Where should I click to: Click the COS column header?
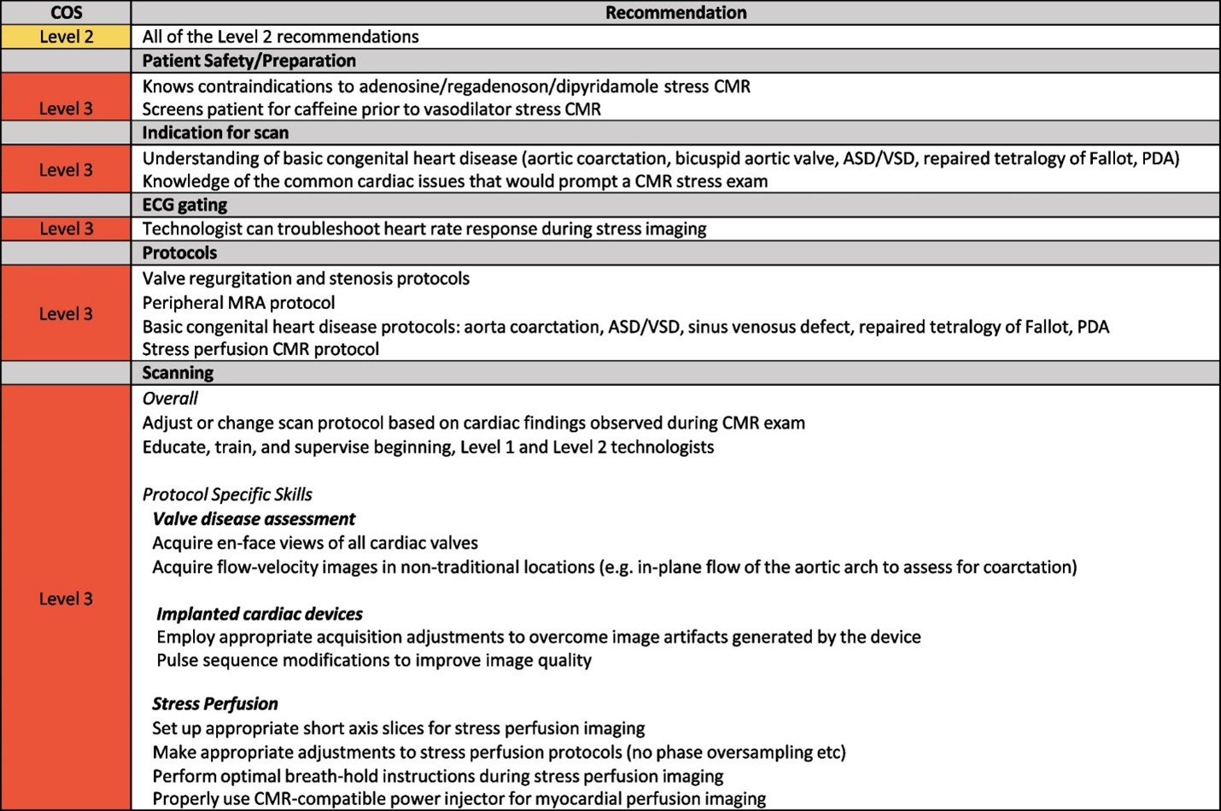pyautogui.click(x=66, y=12)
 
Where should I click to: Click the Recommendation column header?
pyautogui.click(x=675, y=12)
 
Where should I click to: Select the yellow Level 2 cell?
pyautogui.click(x=66, y=37)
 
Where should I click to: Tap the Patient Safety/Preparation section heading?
pyautogui.click(x=248, y=61)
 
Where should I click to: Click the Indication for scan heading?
pyautogui.click(x=215, y=132)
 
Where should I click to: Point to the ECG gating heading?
pyautogui.click(x=184, y=205)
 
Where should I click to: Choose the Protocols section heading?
pyautogui.click(x=179, y=253)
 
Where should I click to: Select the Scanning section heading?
pyautogui.click(x=178, y=373)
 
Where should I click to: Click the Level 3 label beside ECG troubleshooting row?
pyautogui.click(x=66, y=229)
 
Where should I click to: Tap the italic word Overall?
pyautogui.click(x=170, y=399)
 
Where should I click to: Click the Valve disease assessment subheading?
pyautogui.click(x=254, y=519)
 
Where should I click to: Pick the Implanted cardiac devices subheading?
pyautogui.click(x=260, y=614)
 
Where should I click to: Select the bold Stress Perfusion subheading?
pyautogui.click(x=215, y=703)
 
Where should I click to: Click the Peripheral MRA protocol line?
pyautogui.click(x=238, y=302)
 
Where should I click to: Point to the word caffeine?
pyautogui.click(x=325, y=109)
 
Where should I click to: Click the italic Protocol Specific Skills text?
pyautogui.click(x=227, y=494)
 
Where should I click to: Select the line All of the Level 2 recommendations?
pyautogui.click(x=280, y=37)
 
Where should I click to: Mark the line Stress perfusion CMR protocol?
pyautogui.click(x=260, y=349)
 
